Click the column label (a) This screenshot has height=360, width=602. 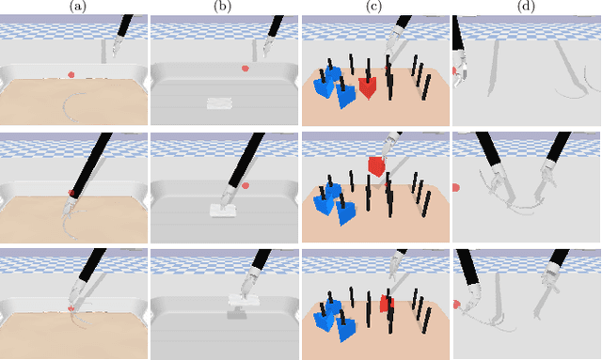pos(74,7)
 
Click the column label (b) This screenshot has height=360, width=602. pos(224,7)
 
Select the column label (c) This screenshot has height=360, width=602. pos(374,7)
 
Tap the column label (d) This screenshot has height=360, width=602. pos(526,7)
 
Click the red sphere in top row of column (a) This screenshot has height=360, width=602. pos(71,75)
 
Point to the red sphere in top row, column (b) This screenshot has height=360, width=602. pos(245,68)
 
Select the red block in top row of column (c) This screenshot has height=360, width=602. pos(368,87)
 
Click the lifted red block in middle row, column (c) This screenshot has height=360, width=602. pos(376,166)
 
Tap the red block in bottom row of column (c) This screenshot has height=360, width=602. pos(385,303)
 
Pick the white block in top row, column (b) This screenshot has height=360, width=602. pos(224,102)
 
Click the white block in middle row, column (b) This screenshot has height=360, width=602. pos(224,211)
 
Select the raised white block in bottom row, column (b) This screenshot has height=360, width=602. pos(242,301)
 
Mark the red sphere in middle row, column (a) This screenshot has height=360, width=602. pos(71,193)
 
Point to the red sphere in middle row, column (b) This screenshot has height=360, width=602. pos(245,185)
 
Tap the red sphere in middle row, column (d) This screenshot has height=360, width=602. pos(456,187)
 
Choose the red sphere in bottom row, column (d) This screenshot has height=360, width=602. pos(457,305)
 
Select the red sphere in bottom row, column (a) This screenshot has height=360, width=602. pos(71,307)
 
